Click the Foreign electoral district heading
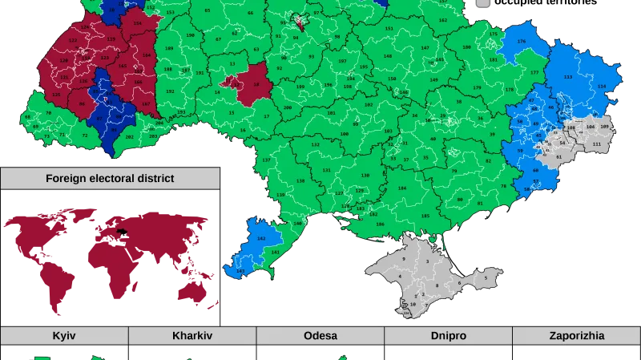pyautogui.click(x=110, y=178)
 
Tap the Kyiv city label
pyautogui.click(x=63, y=336)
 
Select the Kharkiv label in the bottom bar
pyautogui.click(x=191, y=336)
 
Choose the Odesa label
pyautogui.click(x=320, y=336)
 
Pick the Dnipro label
pyautogui.click(x=448, y=336)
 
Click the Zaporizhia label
pyautogui.click(x=577, y=336)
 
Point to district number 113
pyautogui.click(x=568, y=77)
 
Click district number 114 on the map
pyautogui.click(x=602, y=87)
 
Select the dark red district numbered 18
pyautogui.click(x=256, y=83)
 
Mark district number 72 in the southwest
pyautogui.click(x=85, y=136)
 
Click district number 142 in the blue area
pyautogui.click(x=260, y=239)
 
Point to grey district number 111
pyautogui.click(x=595, y=144)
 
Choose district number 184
pyautogui.click(x=402, y=188)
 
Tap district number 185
pyautogui.click(x=425, y=216)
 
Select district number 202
pyautogui.click(x=130, y=136)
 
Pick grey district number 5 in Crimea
pyautogui.click(x=485, y=278)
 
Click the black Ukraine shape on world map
pyautogui.click(x=122, y=233)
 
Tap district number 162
pyautogui.click(x=443, y=20)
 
